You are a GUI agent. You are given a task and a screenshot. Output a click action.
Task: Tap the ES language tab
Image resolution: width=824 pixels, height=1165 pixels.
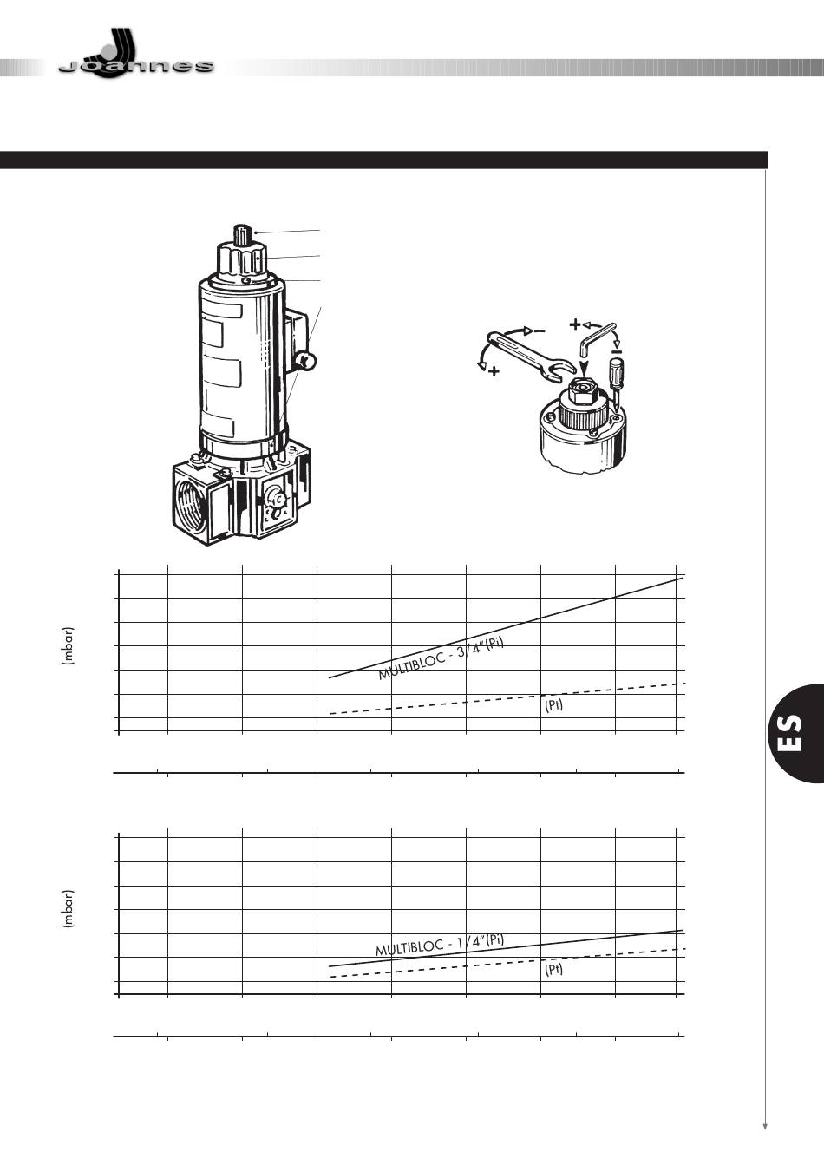[795, 733]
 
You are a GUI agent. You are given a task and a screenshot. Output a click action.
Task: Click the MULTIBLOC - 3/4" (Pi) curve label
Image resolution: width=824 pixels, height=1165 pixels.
[441, 658]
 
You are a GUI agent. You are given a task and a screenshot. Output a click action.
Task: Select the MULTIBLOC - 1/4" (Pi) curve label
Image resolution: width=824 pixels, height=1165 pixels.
[440, 945]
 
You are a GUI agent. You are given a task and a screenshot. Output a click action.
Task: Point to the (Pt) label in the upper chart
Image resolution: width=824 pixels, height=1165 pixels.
[553, 706]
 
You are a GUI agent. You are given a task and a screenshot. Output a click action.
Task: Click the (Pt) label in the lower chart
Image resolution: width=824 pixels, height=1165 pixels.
[553, 970]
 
